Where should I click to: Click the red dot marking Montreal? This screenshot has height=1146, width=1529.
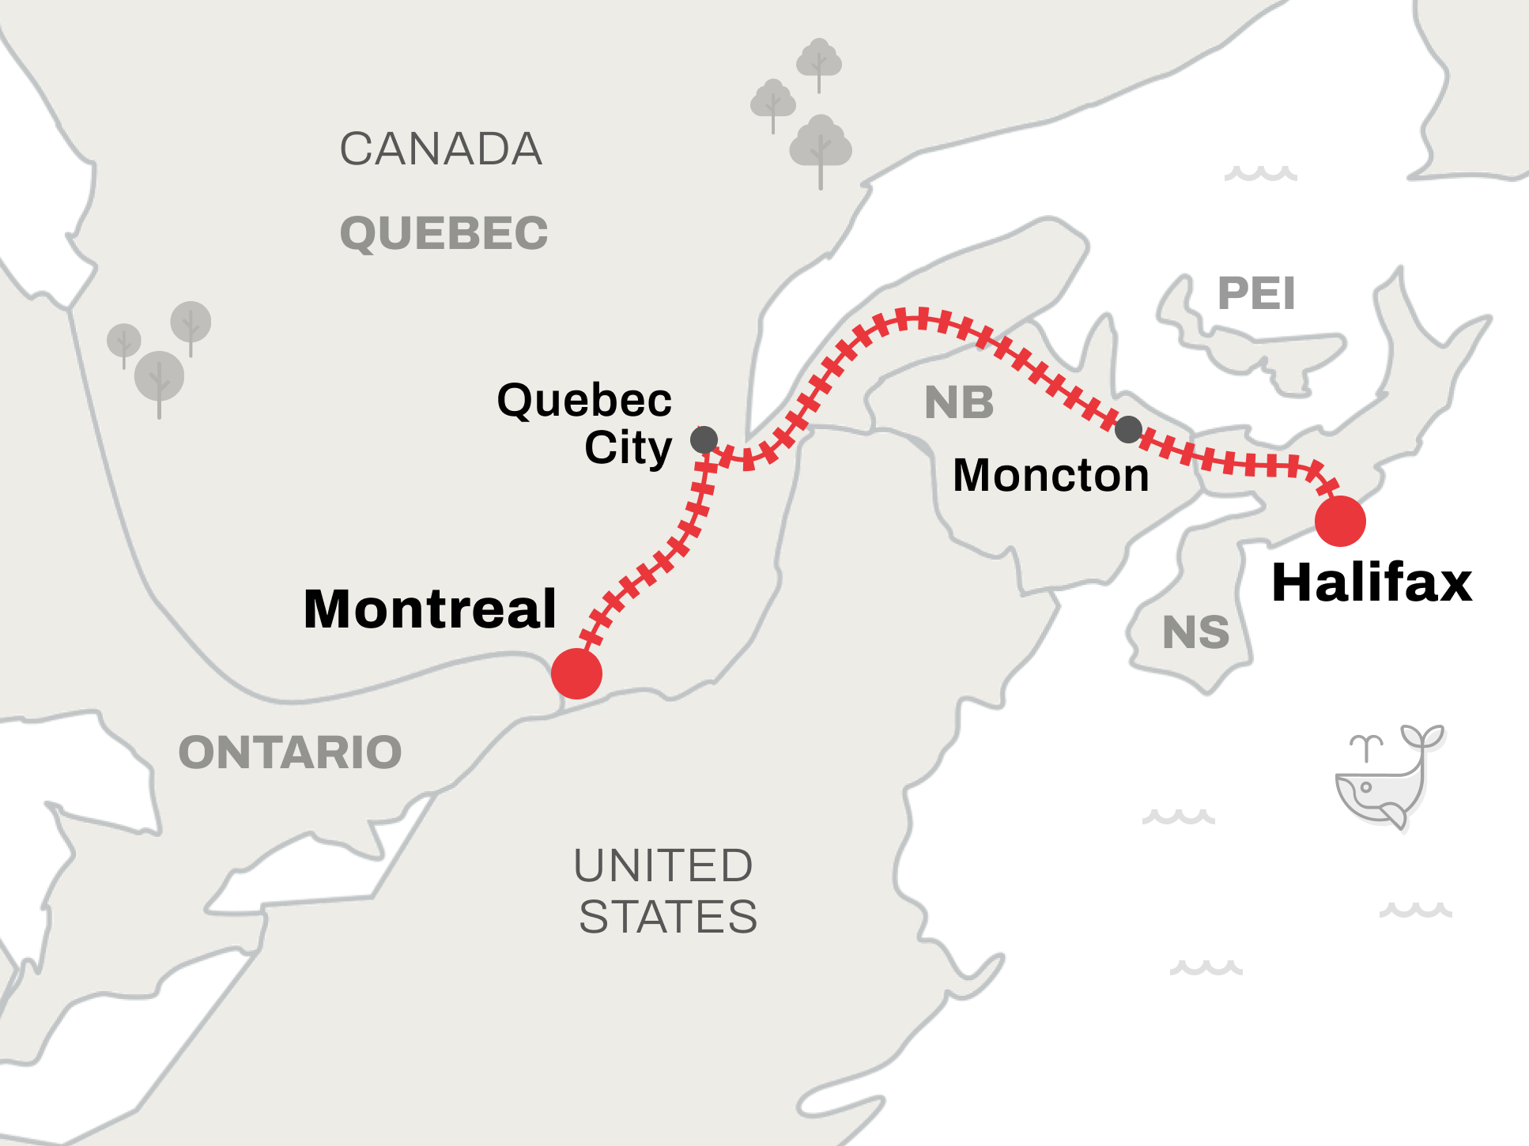coord(576,673)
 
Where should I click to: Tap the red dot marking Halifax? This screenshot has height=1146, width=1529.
coord(1340,521)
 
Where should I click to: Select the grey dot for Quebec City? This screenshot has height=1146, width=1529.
coord(704,439)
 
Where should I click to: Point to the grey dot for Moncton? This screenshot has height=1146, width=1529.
coord(1128,429)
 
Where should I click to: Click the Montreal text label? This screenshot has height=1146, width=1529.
coord(430,609)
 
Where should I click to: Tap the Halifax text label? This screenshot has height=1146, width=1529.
coord(1372,583)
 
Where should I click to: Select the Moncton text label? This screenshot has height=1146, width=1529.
coord(1051,476)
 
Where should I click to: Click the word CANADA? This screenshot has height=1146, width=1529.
coord(441,149)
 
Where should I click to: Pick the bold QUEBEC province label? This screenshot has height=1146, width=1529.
coord(444,234)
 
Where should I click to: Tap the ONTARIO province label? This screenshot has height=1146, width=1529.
coord(290,752)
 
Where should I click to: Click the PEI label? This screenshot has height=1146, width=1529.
coord(1256,294)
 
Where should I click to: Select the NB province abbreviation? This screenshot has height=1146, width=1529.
coord(959,403)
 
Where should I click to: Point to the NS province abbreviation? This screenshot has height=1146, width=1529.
coord(1195,633)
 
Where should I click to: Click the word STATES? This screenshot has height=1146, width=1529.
coord(668,917)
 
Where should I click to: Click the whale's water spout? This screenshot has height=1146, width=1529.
coord(1366,746)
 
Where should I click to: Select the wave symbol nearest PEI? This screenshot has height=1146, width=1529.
coord(1260,173)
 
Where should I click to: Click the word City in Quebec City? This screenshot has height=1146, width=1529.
coord(628,448)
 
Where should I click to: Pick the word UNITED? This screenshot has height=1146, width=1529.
coord(663,865)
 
